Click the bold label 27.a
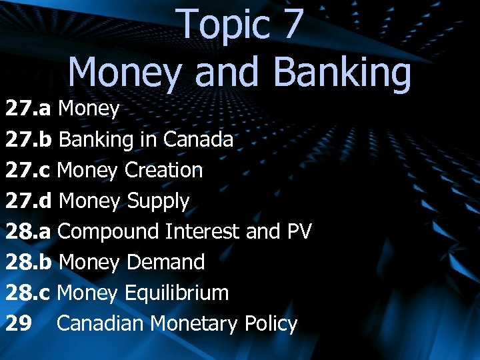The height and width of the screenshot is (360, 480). (x=29, y=109)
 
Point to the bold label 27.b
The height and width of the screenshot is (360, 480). (x=30, y=139)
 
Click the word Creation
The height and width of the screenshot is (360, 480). (x=163, y=170)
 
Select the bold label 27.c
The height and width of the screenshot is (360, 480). (x=29, y=170)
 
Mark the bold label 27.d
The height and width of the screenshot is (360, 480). (x=30, y=201)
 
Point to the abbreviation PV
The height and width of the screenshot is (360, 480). (x=299, y=231)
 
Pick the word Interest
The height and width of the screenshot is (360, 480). (x=203, y=231)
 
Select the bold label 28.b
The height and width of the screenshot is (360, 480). (x=30, y=262)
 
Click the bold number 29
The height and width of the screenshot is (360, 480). (x=18, y=323)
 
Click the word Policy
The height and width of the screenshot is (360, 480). (x=271, y=323)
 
